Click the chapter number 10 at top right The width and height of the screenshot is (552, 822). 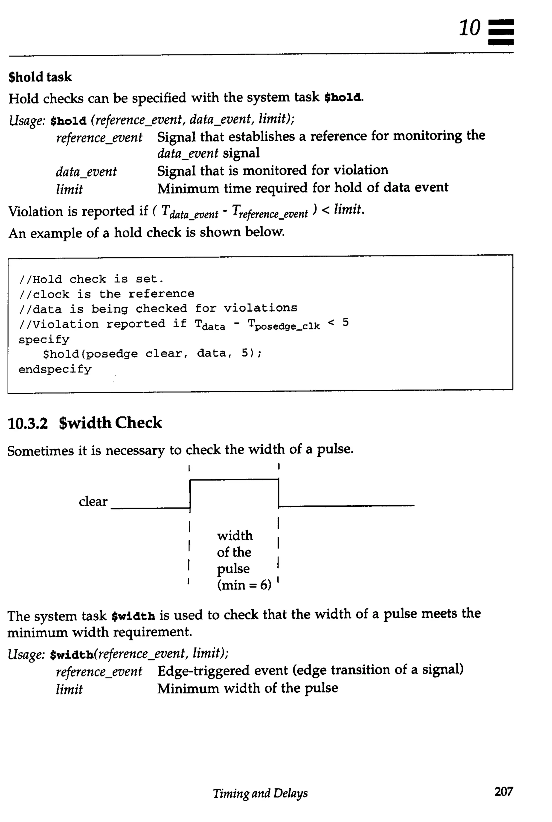(469, 28)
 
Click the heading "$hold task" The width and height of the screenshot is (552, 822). (40, 77)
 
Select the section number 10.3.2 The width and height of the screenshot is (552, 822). (27, 423)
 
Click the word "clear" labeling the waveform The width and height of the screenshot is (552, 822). (93, 501)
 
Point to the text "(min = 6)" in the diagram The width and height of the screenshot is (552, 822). (244, 585)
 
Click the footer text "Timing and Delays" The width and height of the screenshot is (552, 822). (260, 793)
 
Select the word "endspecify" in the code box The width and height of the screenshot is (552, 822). (55, 369)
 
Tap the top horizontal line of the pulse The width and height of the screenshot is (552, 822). (234, 479)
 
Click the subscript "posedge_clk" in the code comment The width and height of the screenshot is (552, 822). (287, 326)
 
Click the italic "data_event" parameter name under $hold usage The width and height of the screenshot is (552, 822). (86, 172)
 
